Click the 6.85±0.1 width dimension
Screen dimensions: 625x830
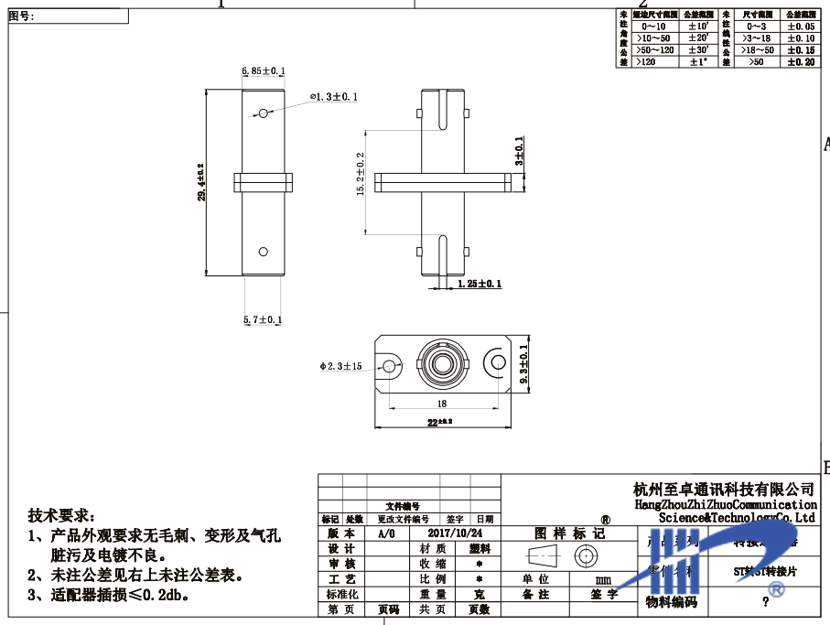tap(264, 70)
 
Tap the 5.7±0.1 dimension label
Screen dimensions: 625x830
tap(263, 319)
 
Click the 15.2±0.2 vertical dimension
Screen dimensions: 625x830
tap(361, 174)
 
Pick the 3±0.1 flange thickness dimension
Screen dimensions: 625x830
tap(520, 150)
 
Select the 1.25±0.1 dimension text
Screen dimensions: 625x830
tap(480, 285)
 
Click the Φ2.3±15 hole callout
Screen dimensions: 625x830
tap(341, 366)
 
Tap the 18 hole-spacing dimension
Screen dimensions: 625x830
tap(441, 403)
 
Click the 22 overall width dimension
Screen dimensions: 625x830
tap(441, 421)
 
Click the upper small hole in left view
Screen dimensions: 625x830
tap(264, 113)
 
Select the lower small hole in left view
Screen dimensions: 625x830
tap(264, 250)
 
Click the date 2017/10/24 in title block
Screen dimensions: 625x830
tap(454, 533)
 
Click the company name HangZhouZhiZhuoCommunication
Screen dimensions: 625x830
tap(725, 504)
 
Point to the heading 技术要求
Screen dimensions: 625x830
tap(60, 516)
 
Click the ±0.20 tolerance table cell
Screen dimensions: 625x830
tap(801, 61)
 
